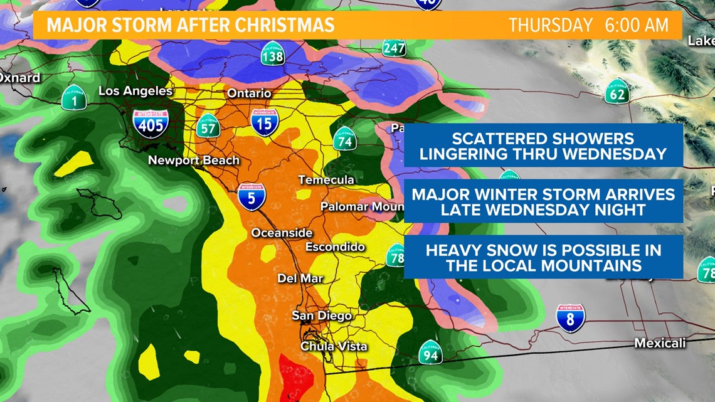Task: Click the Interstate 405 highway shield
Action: click(x=151, y=124)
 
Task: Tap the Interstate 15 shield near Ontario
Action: click(x=265, y=122)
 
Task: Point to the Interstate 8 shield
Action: click(x=570, y=319)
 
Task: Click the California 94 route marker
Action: click(x=430, y=352)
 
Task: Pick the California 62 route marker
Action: click(x=617, y=92)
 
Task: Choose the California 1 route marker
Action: click(x=73, y=98)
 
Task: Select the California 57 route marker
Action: click(x=207, y=126)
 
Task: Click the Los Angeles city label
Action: click(x=135, y=91)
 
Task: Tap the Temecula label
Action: click(x=326, y=180)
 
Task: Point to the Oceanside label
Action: click(x=282, y=233)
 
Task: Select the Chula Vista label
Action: click(x=334, y=346)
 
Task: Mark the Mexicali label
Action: click(x=660, y=343)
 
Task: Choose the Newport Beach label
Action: click(x=193, y=161)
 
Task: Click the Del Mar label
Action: click(x=300, y=278)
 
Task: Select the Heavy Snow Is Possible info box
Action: click(x=543, y=258)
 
